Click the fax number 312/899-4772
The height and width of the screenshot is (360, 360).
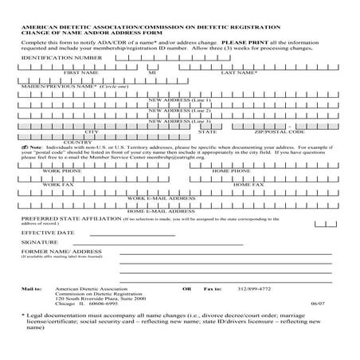click(x=255, y=288)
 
